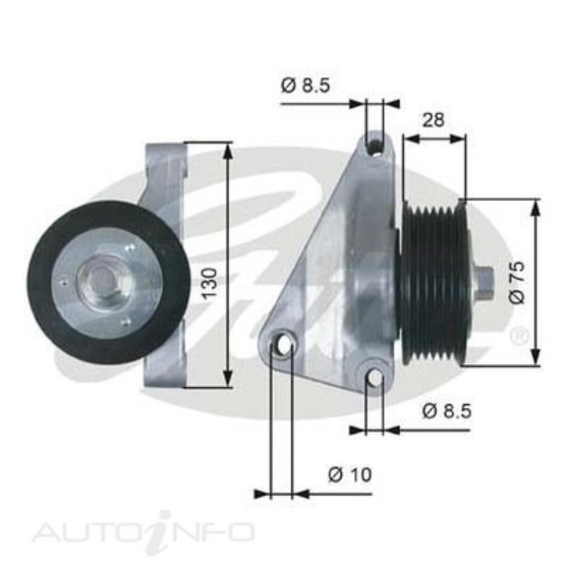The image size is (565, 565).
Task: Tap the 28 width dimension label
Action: [x=433, y=120]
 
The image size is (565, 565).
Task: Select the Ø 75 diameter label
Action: [x=517, y=282]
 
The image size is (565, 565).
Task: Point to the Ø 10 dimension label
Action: [x=349, y=474]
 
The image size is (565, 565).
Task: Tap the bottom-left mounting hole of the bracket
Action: [x=284, y=343]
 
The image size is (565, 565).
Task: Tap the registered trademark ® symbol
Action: [x=519, y=335]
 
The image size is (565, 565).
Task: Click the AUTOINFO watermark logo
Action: [x=143, y=532]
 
